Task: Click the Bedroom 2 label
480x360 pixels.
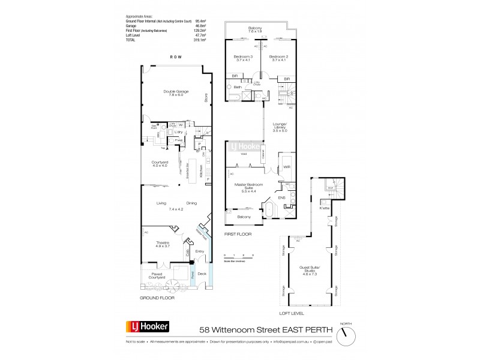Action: pos(279,59)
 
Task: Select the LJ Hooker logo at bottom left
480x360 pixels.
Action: pos(147,327)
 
